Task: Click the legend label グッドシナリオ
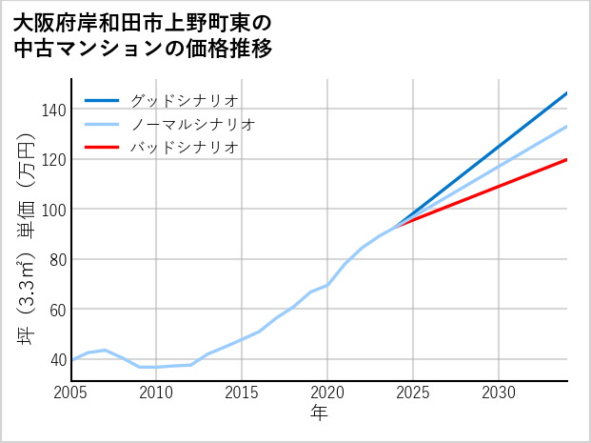pyautogui.click(x=185, y=100)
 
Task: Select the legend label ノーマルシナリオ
pyautogui.click(x=193, y=124)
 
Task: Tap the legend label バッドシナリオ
pyautogui.click(x=185, y=148)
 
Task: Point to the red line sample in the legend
pyautogui.click(x=102, y=148)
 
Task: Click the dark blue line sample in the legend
pyautogui.click(x=102, y=100)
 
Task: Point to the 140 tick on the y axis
pyautogui.click(x=53, y=110)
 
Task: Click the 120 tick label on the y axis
pyautogui.click(x=53, y=160)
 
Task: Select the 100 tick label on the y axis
pyautogui.click(x=53, y=210)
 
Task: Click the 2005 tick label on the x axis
pyautogui.click(x=71, y=393)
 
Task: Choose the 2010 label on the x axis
pyautogui.click(x=156, y=393)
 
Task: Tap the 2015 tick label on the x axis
pyautogui.click(x=242, y=393)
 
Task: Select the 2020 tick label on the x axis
pyautogui.click(x=327, y=393)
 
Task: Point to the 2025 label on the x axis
pyautogui.click(x=413, y=393)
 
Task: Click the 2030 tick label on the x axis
pyautogui.click(x=499, y=393)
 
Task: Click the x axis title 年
pyautogui.click(x=319, y=414)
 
